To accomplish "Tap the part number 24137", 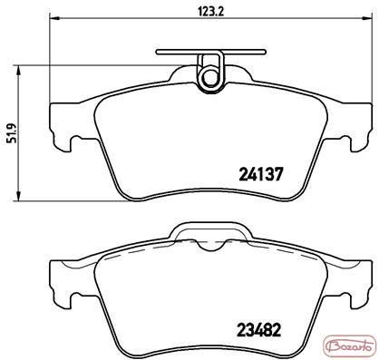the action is tap(261, 174).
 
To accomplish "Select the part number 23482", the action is tap(259, 330).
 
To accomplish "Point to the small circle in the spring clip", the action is tap(209, 78).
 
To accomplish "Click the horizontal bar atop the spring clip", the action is tap(211, 52).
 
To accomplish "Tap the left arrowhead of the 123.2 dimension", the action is tap(53, 18).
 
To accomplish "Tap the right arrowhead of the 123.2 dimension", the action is tap(366, 18).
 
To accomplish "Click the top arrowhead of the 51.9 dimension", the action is tap(19, 71).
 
